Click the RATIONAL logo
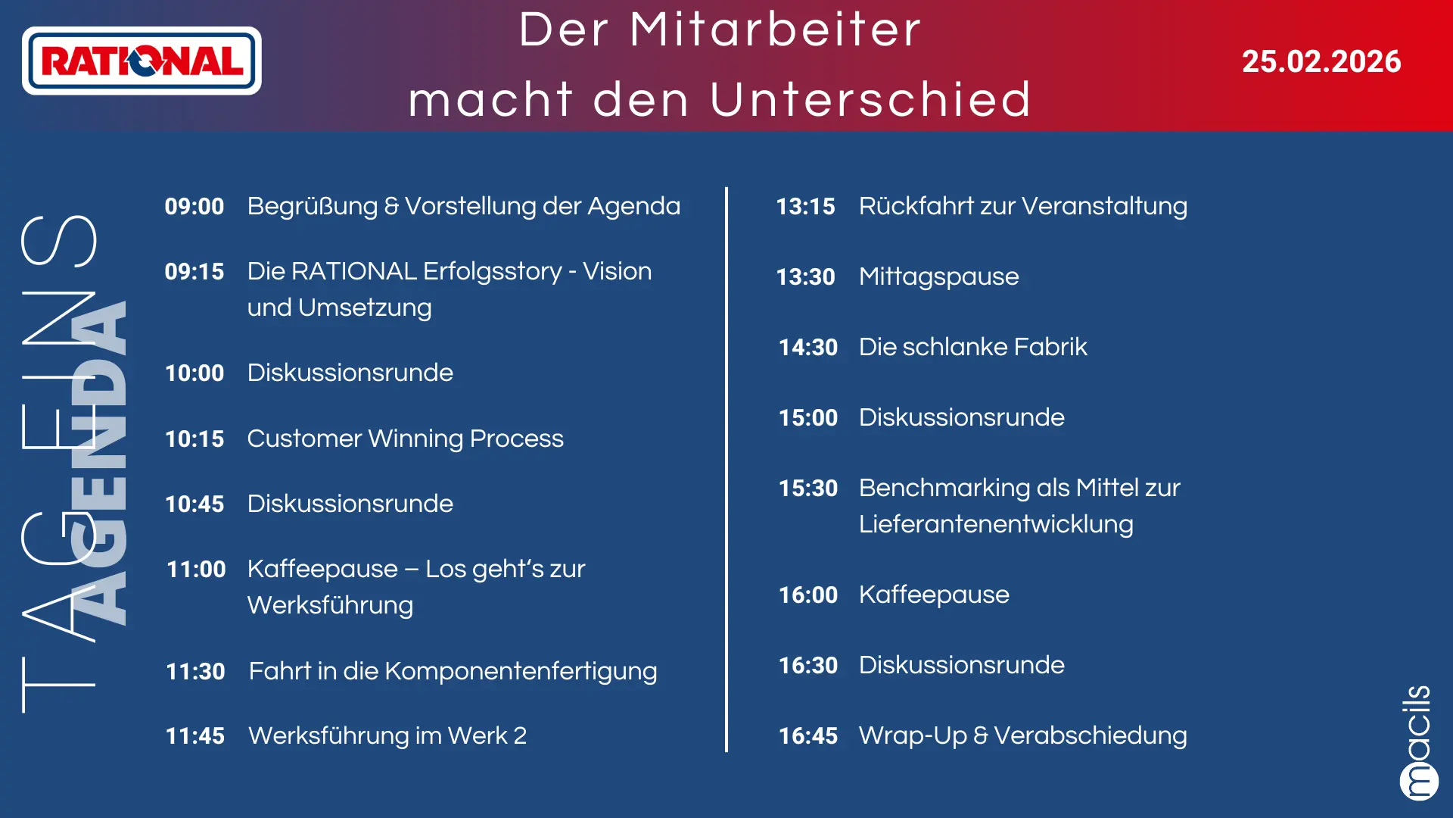point(142,61)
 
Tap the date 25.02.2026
point(1321,61)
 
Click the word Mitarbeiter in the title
point(776,30)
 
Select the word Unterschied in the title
point(870,99)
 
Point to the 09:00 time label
point(194,206)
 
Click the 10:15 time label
point(194,439)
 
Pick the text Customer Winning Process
point(405,439)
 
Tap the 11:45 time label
point(195,735)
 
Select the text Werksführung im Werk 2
point(387,735)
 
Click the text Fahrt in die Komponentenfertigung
point(453,671)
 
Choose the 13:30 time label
point(805,276)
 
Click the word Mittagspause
point(938,277)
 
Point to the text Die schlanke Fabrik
point(972,347)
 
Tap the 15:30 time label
point(808,488)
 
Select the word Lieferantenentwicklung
point(996,524)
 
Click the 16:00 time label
point(808,595)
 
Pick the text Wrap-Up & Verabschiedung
point(1022,735)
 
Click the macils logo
point(1418,742)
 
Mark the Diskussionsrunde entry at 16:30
point(961,665)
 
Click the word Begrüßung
point(312,207)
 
